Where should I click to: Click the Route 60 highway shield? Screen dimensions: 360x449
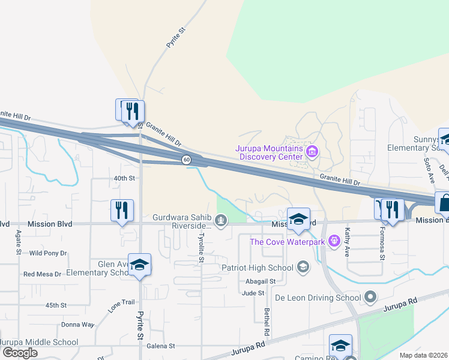click(187, 159)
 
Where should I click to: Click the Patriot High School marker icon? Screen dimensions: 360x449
click(303, 267)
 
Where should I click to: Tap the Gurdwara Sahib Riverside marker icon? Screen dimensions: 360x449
click(221, 222)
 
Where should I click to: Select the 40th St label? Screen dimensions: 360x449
click(125, 178)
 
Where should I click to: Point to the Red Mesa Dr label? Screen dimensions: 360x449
click(42, 274)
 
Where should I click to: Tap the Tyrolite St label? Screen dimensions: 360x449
click(201, 248)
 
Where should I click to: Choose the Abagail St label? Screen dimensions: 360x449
click(261, 281)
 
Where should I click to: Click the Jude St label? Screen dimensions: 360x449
click(253, 293)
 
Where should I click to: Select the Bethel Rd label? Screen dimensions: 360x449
click(266, 322)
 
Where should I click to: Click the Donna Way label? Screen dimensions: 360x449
click(78, 325)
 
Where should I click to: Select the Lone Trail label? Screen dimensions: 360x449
click(122, 305)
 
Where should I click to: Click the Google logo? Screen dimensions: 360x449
click(20, 352)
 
